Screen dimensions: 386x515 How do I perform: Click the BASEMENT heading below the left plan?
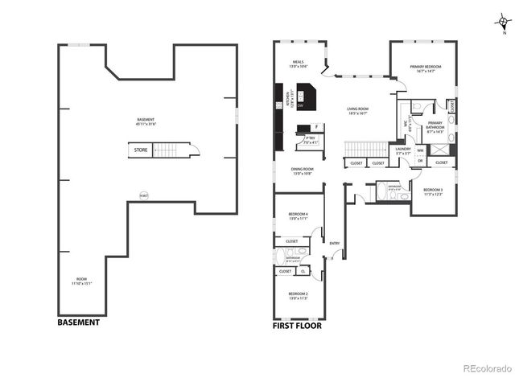(x=78, y=322)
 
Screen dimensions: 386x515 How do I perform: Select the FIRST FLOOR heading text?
(x=298, y=326)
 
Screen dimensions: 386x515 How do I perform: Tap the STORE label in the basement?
(x=140, y=150)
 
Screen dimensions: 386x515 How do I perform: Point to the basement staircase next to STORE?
(x=166, y=150)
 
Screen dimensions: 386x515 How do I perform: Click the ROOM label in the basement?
(x=82, y=281)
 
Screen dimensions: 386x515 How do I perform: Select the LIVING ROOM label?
(x=358, y=110)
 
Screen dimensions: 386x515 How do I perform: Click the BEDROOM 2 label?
(x=298, y=294)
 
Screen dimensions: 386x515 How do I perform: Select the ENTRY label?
(x=335, y=244)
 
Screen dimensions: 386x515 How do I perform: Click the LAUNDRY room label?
(x=404, y=150)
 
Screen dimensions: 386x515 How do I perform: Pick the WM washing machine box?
(x=420, y=150)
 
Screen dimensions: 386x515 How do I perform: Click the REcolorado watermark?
(x=487, y=369)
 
